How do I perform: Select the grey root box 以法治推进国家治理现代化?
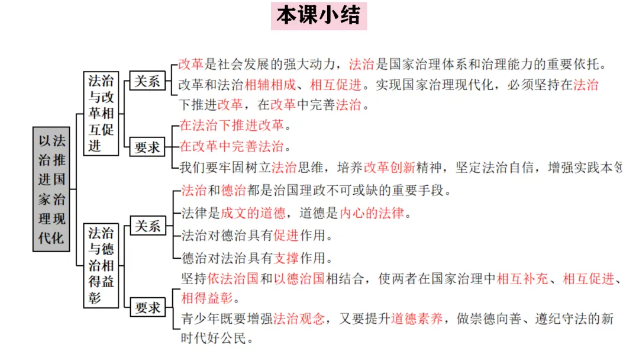click(52, 188)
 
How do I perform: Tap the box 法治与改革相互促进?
click(101, 112)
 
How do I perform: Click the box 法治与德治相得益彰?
click(101, 264)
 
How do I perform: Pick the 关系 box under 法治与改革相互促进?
click(147, 81)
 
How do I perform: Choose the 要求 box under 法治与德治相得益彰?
click(147, 307)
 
